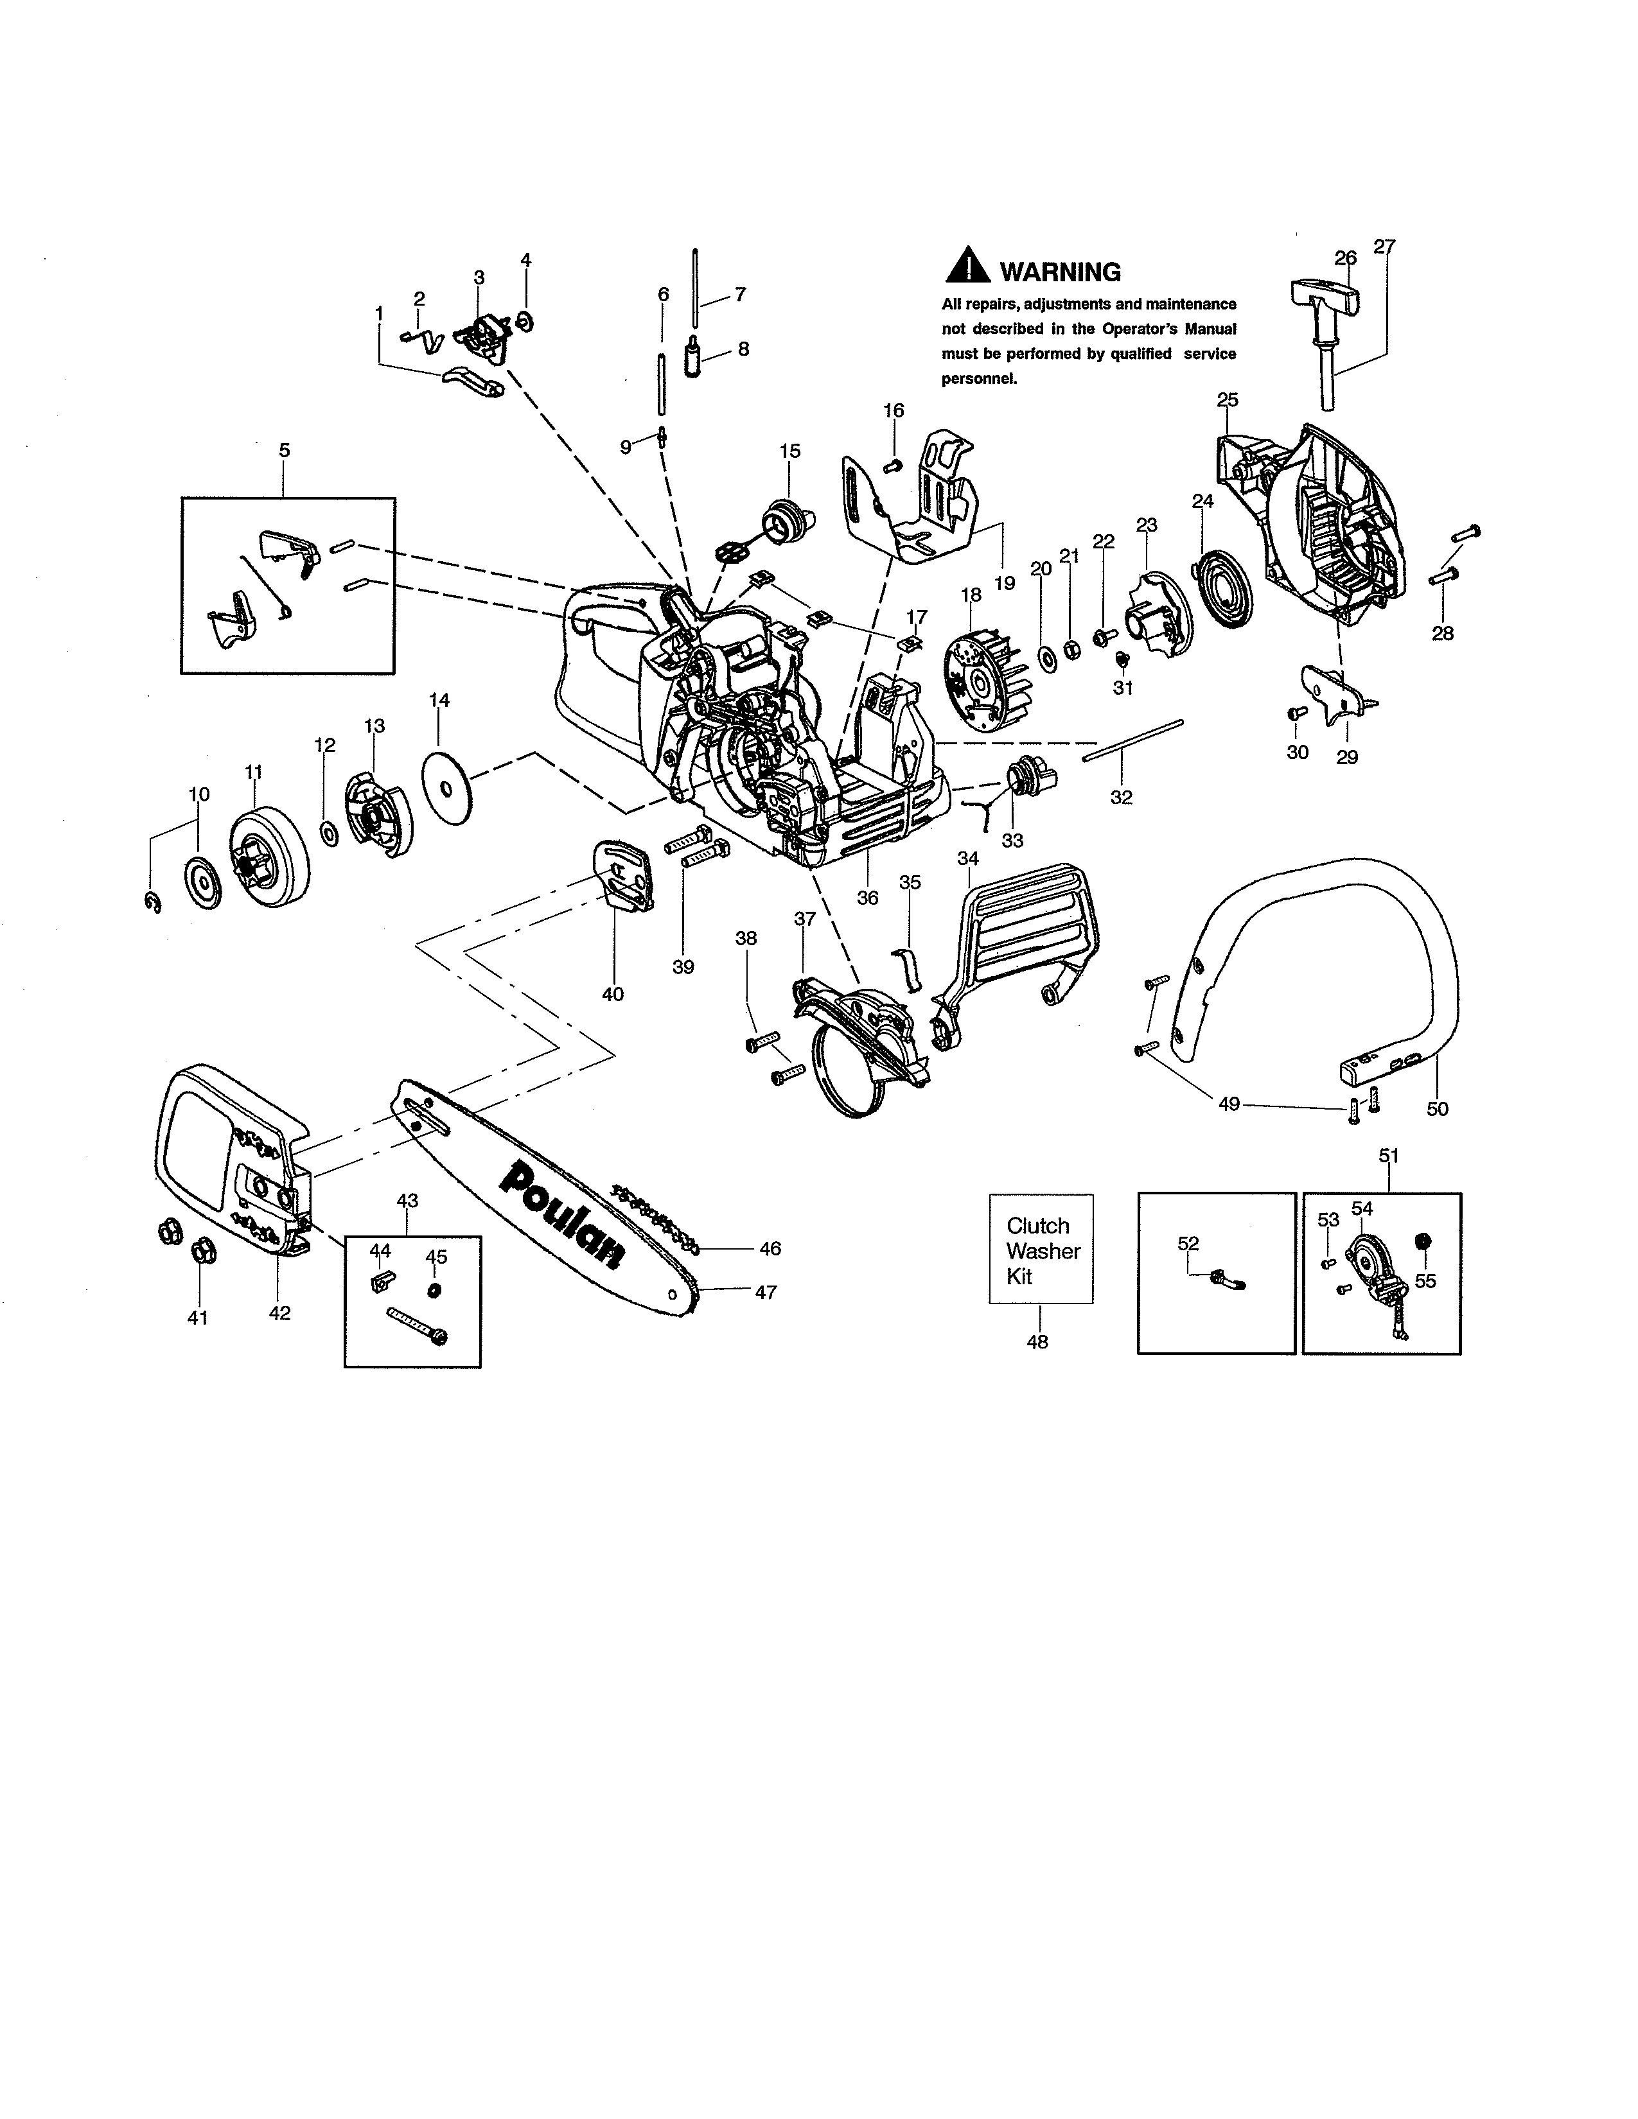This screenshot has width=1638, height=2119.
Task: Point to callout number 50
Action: [1437, 1109]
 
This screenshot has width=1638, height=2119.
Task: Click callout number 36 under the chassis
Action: [868, 898]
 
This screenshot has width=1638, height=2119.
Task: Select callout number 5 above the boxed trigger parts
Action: [285, 450]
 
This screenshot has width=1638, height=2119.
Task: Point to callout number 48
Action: [1037, 1342]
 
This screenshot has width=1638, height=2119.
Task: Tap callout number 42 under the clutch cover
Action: [279, 1312]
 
